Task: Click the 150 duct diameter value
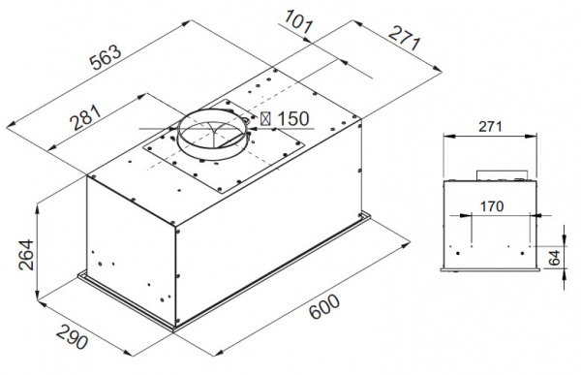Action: (291, 119)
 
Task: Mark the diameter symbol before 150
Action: (265, 119)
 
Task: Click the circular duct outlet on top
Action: (210, 136)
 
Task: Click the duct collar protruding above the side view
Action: (502, 176)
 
